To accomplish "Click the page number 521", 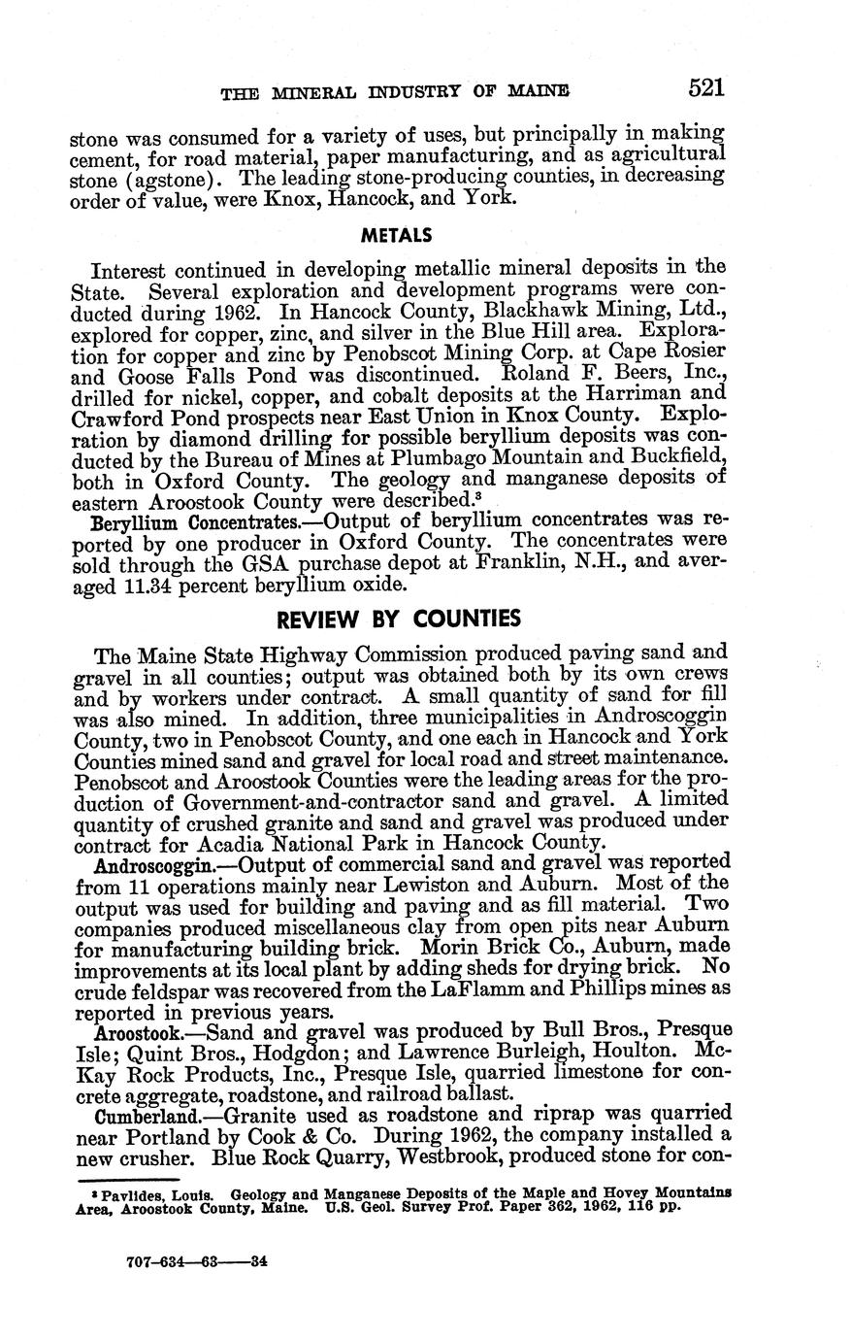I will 706,89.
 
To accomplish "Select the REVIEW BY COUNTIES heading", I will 398,620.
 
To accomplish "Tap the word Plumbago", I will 442,457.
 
